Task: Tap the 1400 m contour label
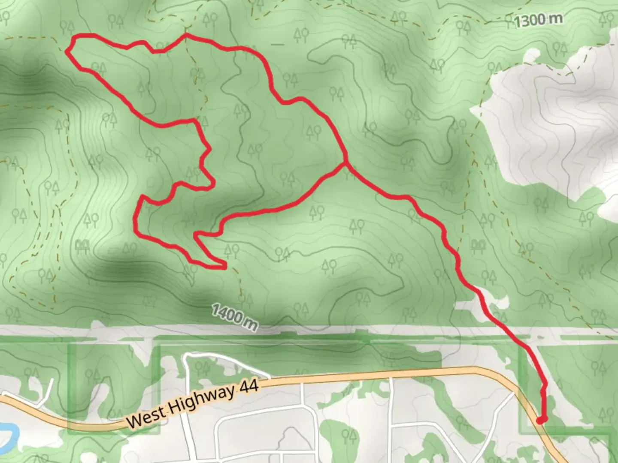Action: pyautogui.click(x=234, y=318)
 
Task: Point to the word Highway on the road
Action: pyautogui.click(x=199, y=400)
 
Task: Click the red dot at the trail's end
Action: pyautogui.click(x=541, y=420)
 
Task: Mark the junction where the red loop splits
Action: pyautogui.click(x=345, y=163)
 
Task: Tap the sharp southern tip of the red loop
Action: pyautogui.click(x=224, y=267)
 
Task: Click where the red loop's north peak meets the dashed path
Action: pyautogui.click(x=185, y=35)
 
